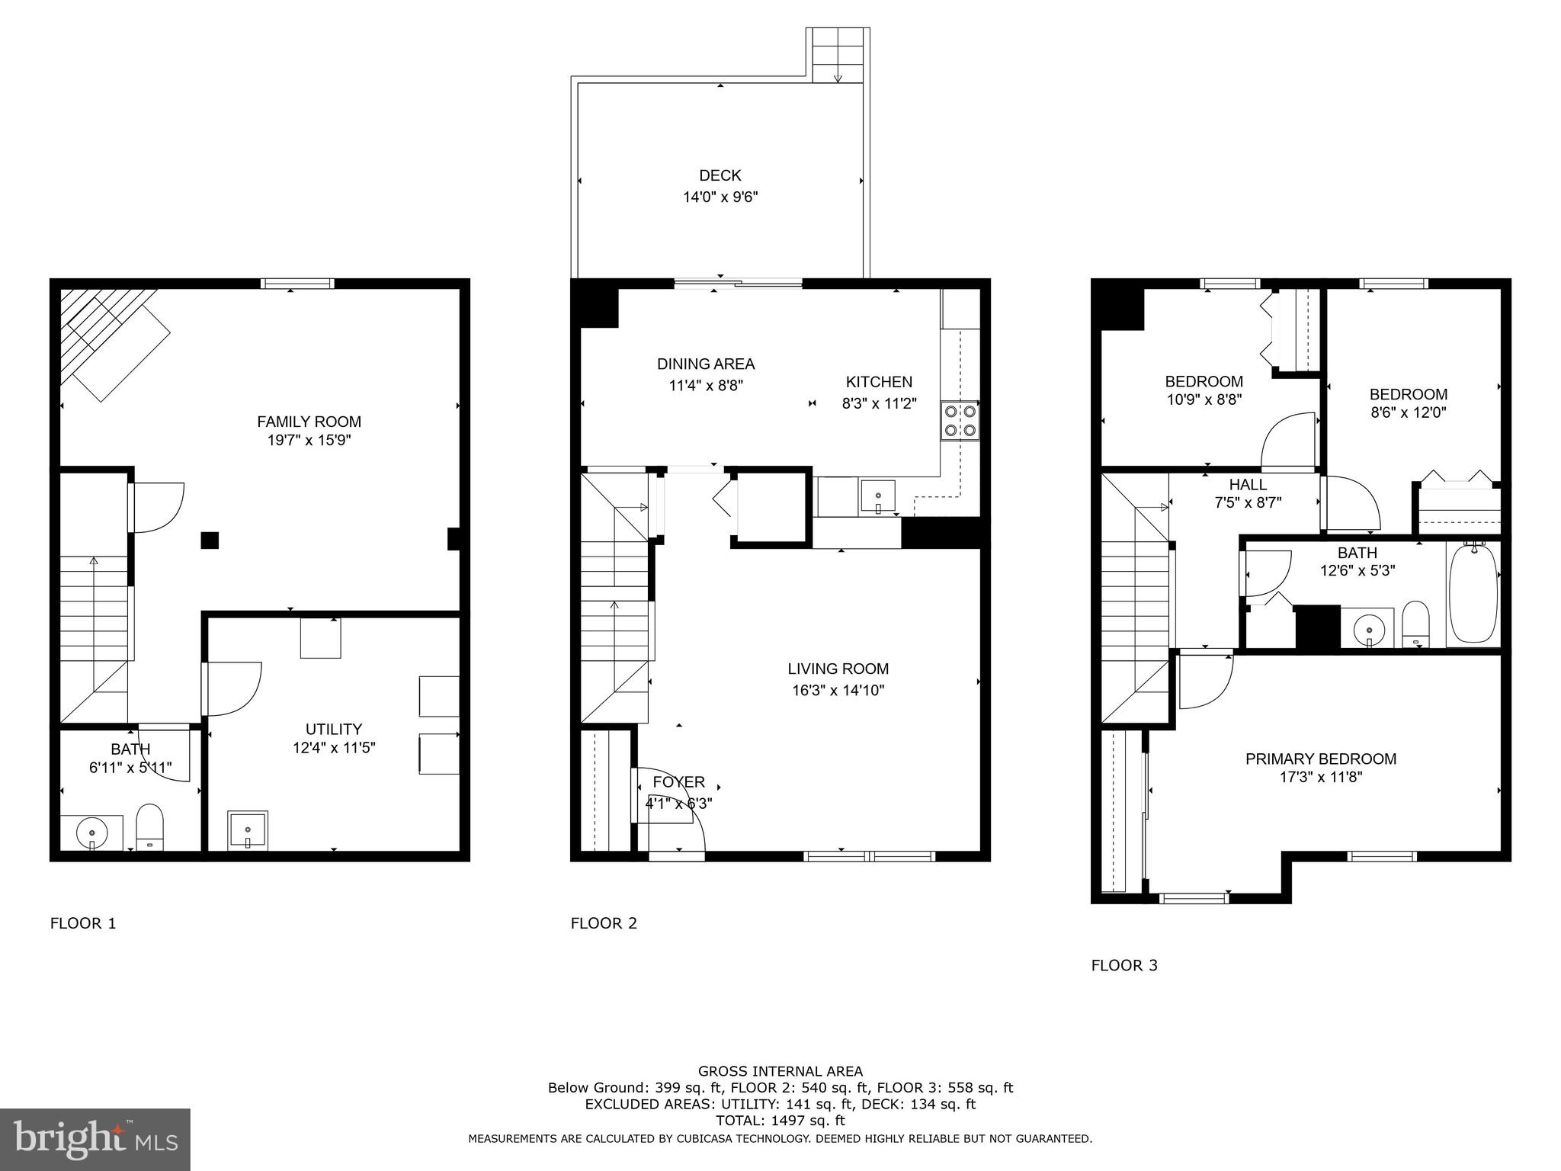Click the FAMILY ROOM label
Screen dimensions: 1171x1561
(309, 422)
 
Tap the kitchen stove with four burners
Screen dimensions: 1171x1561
(960, 420)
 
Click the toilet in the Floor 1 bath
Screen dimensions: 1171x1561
(149, 826)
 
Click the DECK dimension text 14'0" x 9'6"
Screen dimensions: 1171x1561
(720, 197)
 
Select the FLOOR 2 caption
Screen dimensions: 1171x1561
(604, 923)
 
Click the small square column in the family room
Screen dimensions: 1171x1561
(210, 540)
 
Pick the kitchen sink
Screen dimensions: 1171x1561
(878, 496)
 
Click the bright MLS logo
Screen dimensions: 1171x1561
(95, 1139)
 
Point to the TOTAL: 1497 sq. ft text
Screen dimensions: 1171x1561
(780, 1121)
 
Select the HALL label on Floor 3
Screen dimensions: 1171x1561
(1248, 485)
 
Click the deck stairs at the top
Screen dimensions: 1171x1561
(838, 55)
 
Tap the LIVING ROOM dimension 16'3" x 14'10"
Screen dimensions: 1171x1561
(838, 691)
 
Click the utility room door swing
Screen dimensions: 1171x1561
(232, 688)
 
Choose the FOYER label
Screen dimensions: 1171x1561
(678, 782)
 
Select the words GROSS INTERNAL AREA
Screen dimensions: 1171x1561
(780, 1071)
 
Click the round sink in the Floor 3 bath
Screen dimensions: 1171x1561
(1369, 630)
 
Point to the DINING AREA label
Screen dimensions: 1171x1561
(706, 364)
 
